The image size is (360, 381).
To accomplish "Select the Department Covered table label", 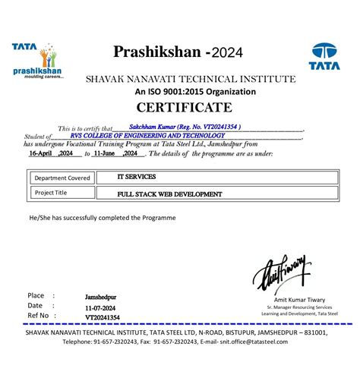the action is click(x=62, y=179).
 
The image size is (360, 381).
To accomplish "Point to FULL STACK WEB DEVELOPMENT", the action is click(x=170, y=194).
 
